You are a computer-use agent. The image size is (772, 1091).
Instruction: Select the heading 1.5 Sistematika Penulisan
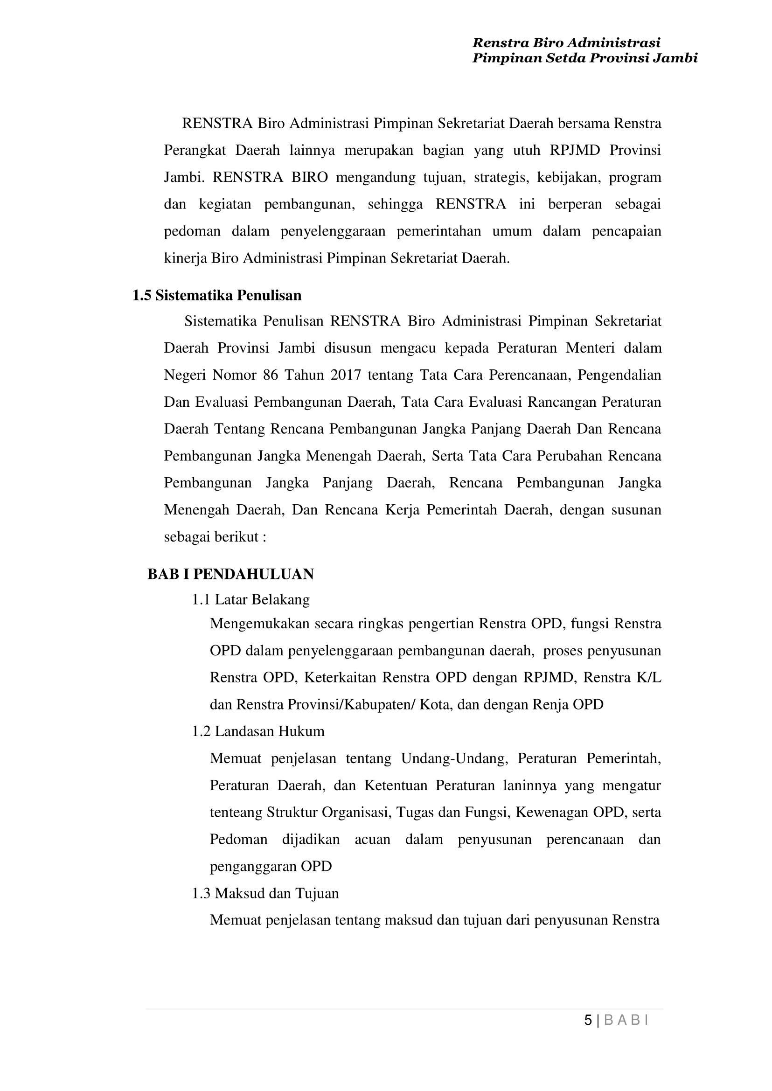217,295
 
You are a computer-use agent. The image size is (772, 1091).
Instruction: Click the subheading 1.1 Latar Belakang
250,599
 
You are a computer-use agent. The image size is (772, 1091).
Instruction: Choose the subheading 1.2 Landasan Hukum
258,730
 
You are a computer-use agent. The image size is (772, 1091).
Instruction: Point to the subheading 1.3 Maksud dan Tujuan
265,893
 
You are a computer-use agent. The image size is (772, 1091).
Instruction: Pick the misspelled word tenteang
236,812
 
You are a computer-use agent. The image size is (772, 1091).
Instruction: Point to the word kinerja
185,258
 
